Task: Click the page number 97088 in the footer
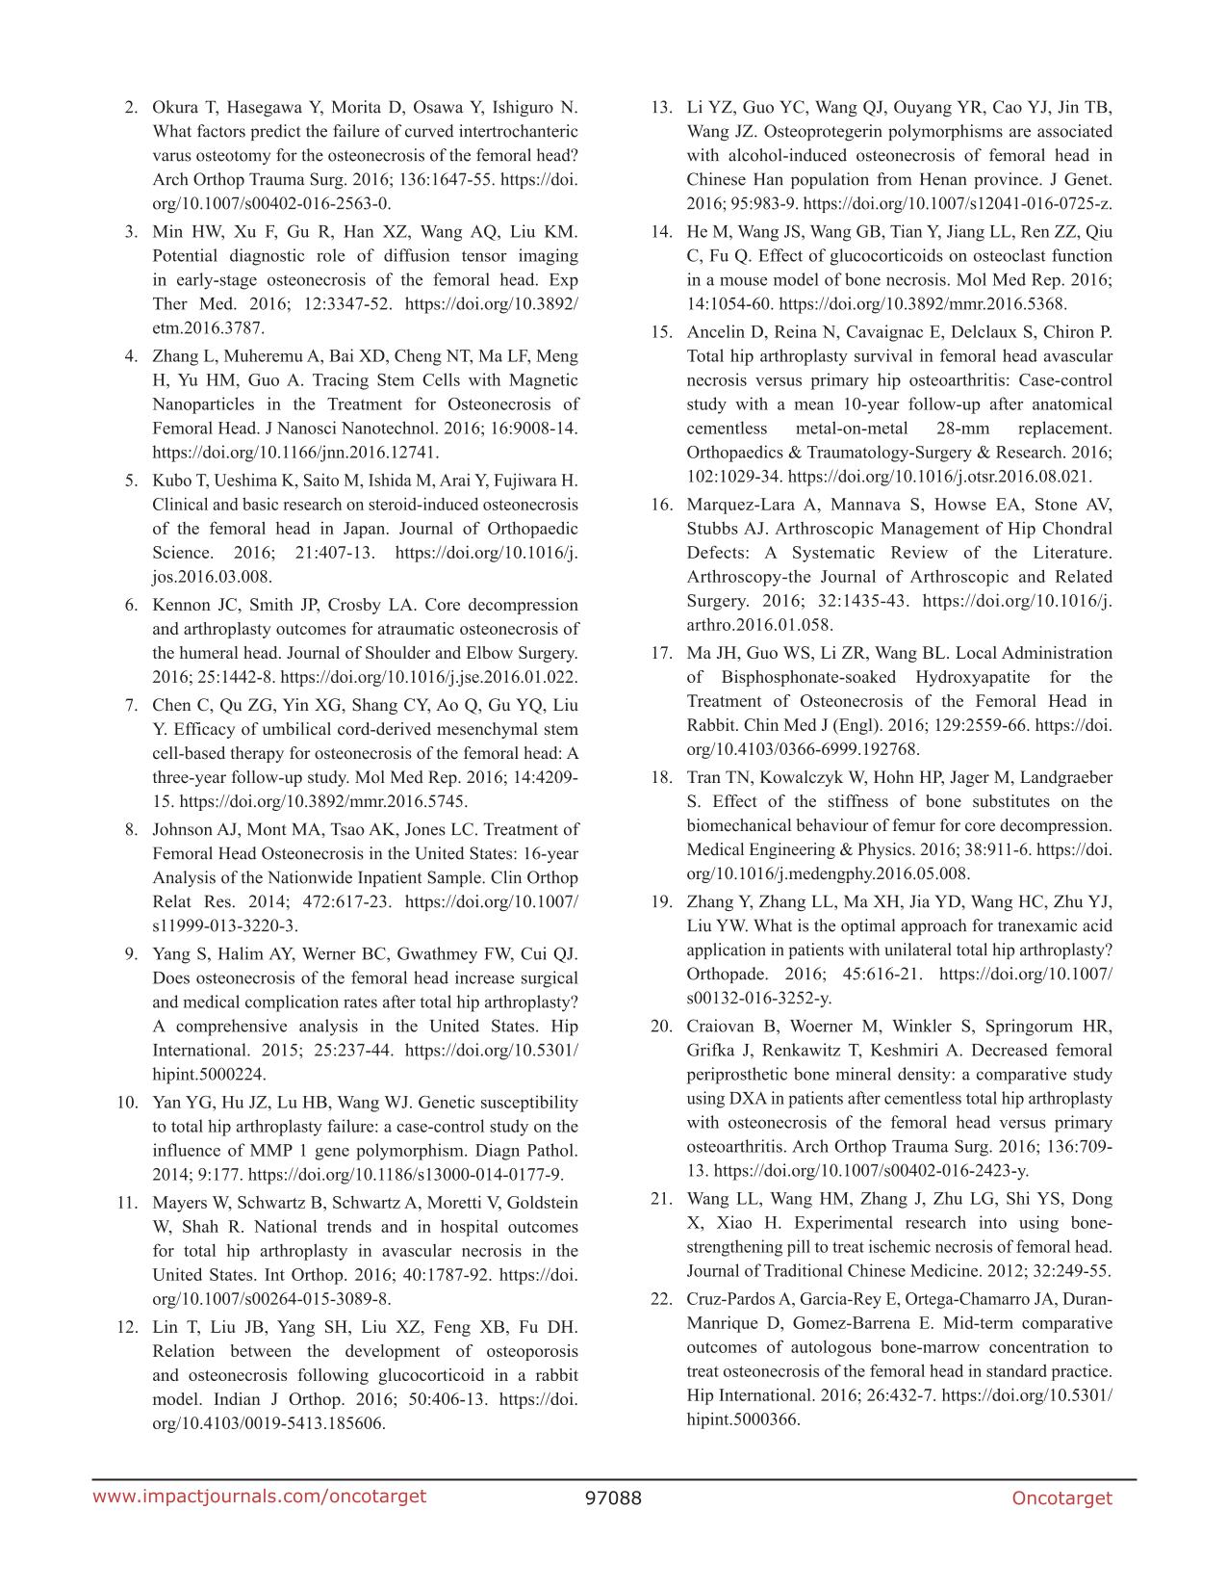coord(613,1497)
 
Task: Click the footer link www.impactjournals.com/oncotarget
coord(259,1496)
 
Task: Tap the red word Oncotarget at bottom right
coord(1061,1497)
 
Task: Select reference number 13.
coord(660,107)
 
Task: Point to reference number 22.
coord(660,1299)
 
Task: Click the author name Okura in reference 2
coord(173,107)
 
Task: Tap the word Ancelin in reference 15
coord(714,332)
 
